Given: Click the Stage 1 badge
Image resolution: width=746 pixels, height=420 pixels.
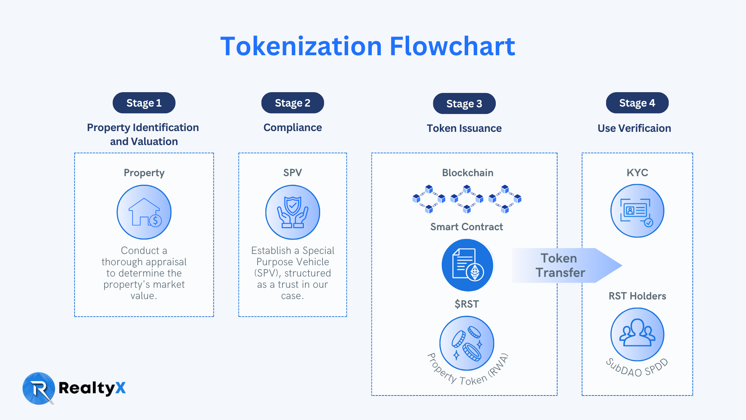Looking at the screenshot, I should click(x=144, y=103).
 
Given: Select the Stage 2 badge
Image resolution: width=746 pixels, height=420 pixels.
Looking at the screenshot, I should click(x=293, y=103).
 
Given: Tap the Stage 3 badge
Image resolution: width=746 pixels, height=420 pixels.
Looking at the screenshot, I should click(x=464, y=104).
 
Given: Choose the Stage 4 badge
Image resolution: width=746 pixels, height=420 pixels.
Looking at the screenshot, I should click(x=637, y=103).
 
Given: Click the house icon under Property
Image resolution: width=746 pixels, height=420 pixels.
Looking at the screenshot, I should click(x=144, y=212).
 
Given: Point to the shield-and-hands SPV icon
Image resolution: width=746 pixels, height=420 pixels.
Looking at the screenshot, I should click(x=293, y=212).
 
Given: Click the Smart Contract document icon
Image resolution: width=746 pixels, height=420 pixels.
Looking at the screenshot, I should click(x=467, y=265).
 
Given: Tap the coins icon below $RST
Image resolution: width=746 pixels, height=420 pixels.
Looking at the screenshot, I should click(x=467, y=343).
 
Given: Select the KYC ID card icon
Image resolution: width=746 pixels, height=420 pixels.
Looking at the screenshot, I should click(x=637, y=211).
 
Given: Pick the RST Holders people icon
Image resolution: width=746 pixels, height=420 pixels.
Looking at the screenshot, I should click(x=637, y=334).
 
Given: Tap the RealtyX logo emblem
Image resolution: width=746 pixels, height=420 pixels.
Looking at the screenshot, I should click(x=38, y=388).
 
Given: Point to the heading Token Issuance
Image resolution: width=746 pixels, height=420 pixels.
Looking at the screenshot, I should click(x=464, y=128).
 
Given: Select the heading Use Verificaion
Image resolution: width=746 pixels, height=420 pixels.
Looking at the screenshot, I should click(x=634, y=128).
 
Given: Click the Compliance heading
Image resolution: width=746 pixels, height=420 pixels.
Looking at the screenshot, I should click(x=293, y=128).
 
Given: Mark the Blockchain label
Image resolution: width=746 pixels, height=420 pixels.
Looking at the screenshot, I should click(x=467, y=173).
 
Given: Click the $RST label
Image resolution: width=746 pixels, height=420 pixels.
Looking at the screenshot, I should click(x=467, y=304).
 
